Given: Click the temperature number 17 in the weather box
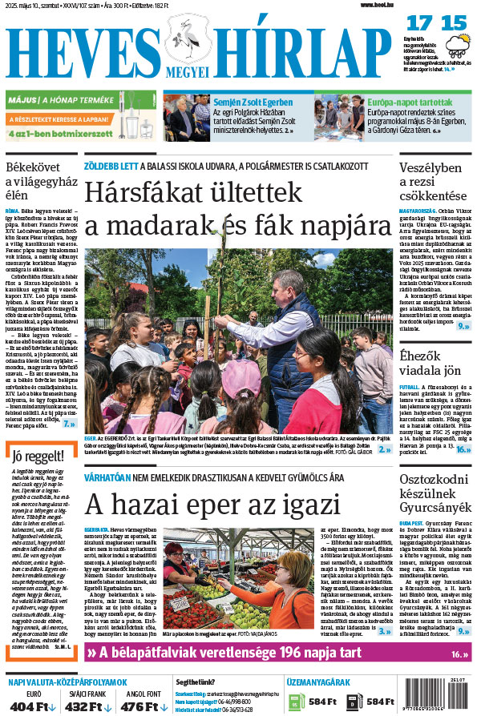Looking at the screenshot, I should (418, 23).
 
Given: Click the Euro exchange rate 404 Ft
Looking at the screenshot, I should (33, 707).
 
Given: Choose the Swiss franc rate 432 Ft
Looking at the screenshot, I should (84, 707).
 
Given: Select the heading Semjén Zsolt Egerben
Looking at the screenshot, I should (253, 103).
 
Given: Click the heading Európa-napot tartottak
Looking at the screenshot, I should (409, 103).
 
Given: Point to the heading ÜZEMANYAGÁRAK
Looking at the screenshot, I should (319, 682).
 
